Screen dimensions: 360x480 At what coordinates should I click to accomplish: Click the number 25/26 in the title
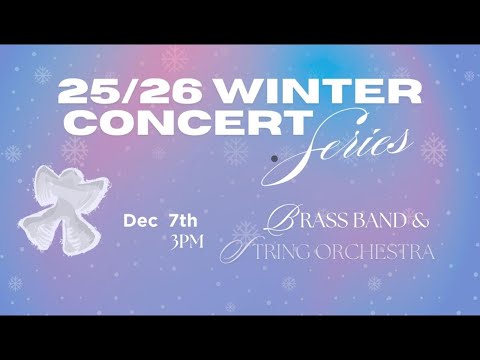(x=135, y=93)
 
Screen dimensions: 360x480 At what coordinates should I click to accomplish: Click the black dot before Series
(x=274, y=157)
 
